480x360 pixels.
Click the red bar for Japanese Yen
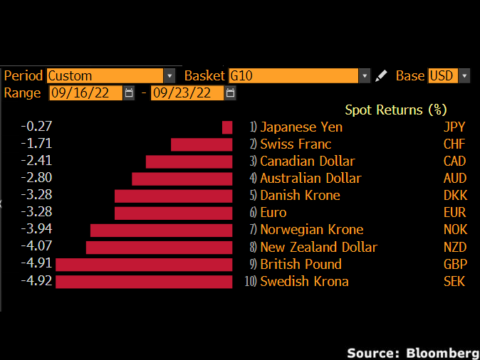(x=227, y=127)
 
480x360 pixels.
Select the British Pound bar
(x=144, y=265)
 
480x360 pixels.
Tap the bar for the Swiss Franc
(x=202, y=144)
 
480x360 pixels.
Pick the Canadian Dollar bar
(x=189, y=162)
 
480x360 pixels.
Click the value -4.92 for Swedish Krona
(x=37, y=281)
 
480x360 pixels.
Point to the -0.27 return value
(x=37, y=127)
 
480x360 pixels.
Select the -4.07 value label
(x=37, y=246)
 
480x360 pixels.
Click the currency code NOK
(x=455, y=230)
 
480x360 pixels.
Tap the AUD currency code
(x=455, y=179)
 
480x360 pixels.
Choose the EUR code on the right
(x=455, y=213)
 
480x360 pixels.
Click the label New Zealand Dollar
(x=318, y=247)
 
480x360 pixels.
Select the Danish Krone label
(x=300, y=196)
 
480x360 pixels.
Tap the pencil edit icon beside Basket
(x=382, y=75)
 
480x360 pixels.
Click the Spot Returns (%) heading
(x=395, y=110)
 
